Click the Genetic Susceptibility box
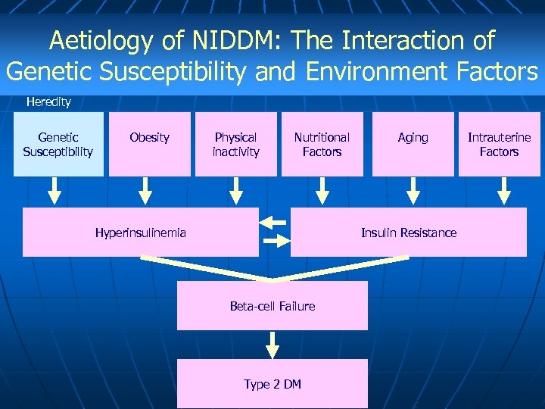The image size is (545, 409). (x=58, y=144)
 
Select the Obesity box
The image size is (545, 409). (x=149, y=144)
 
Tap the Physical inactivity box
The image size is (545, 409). (x=236, y=144)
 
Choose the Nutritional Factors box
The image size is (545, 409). (x=322, y=144)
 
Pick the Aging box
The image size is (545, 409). (x=413, y=144)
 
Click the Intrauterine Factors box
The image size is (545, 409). (x=499, y=144)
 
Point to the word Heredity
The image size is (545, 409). (x=48, y=101)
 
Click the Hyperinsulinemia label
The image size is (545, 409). (x=141, y=233)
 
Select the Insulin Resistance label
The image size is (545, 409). (x=409, y=233)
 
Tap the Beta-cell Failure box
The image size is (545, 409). (x=272, y=306)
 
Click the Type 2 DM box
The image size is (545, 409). (x=272, y=384)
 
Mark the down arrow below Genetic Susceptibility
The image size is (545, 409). (x=54, y=192)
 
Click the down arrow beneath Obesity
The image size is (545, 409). (x=145, y=192)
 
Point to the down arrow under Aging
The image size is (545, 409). (x=412, y=192)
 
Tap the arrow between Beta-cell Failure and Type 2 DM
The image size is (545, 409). (x=273, y=345)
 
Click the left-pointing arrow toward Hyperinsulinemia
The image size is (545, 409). (x=273, y=223)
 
